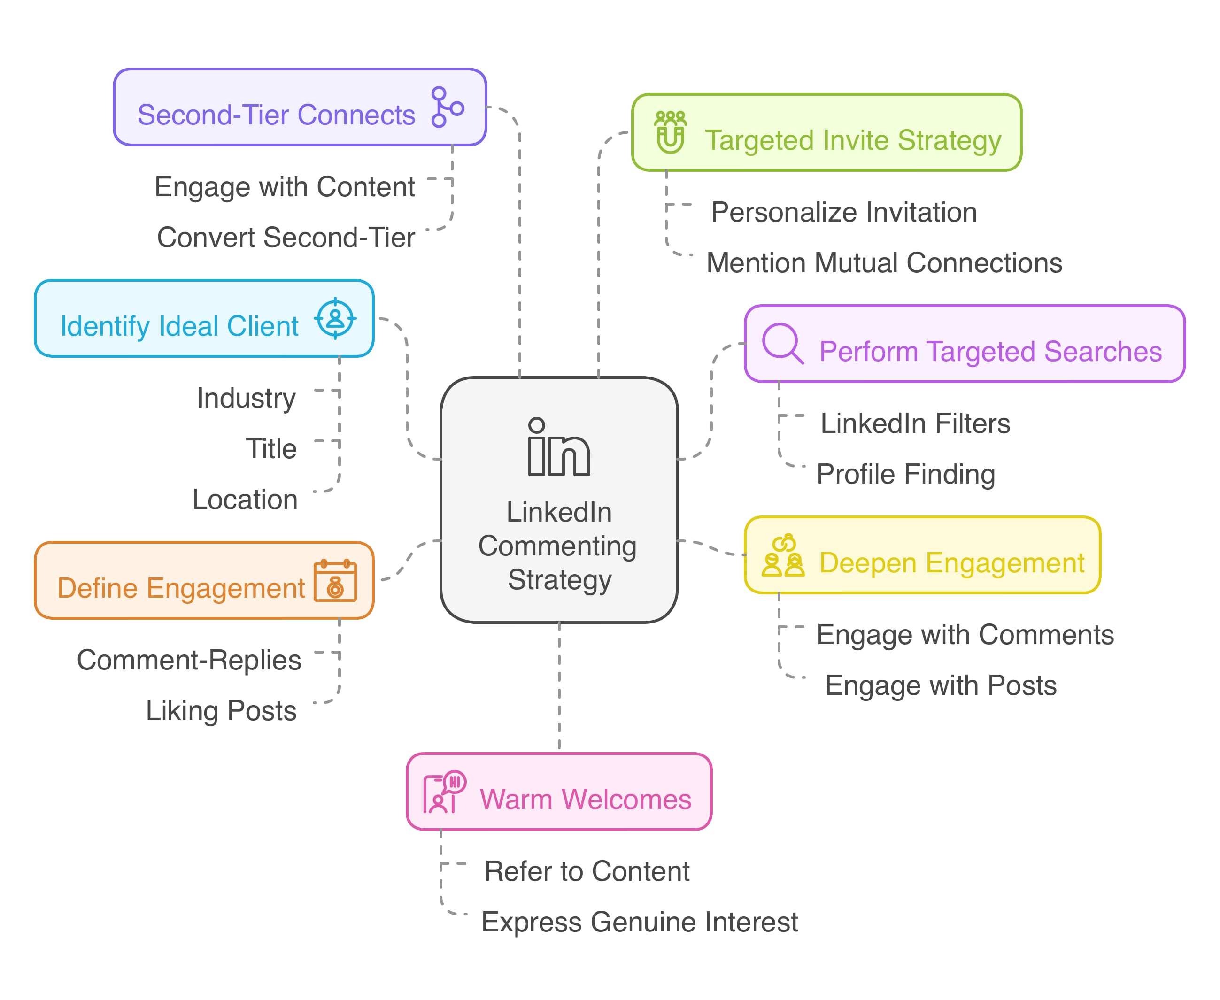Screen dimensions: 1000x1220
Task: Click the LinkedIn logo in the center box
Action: point(558,447)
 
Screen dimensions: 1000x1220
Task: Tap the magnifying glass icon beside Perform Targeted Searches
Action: point(782,343)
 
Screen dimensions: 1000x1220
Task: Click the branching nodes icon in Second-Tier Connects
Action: point(447,107)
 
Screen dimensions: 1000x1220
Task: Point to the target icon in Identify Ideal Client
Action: point(335,319)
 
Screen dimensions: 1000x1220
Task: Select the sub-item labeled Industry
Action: point(247,398)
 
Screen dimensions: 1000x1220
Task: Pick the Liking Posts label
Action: point(221,710)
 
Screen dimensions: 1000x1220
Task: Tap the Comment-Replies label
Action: point(189,660)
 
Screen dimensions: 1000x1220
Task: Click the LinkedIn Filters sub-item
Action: point(915,423)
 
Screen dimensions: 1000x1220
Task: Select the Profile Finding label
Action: point(905,474)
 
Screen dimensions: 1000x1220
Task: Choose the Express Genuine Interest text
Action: point(640,922)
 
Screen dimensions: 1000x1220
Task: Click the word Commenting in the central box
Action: point(557,546)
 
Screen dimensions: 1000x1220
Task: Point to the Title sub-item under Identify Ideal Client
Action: point(271,449)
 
